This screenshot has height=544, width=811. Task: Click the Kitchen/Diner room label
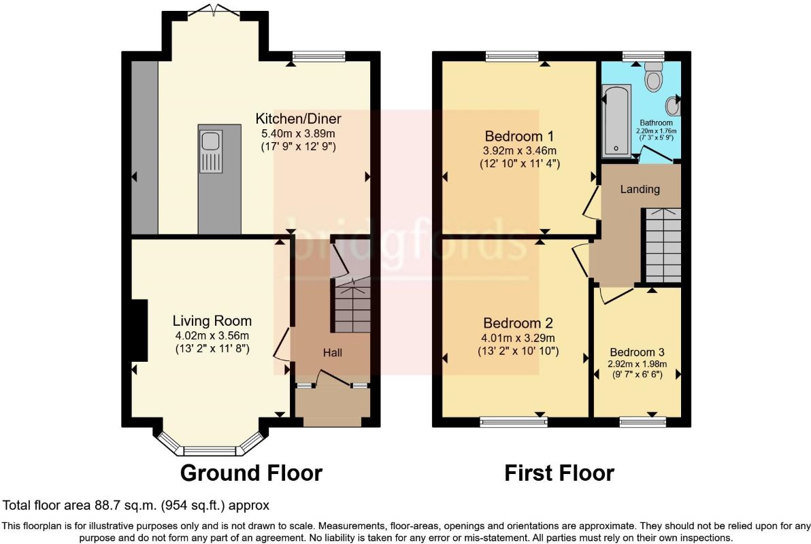[x=299, y=119]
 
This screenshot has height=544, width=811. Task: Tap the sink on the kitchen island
[x=211, y=152]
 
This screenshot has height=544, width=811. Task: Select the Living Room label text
[x=212, y=321]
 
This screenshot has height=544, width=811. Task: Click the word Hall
[x=333, y=353]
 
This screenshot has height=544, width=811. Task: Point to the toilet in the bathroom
[x=654, y=77]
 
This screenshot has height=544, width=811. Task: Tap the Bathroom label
[x=657, y=123]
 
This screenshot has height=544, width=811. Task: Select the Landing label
[x=640, y=189]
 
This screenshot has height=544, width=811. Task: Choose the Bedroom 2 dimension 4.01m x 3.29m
[x=518, y=338]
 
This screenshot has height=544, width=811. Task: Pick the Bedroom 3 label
[x=637, y=352]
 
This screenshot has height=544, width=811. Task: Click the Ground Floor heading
[x=251, y=473]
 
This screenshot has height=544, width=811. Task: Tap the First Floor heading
[x=559, y=473]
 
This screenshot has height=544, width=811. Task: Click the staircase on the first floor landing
[x=661, y=245]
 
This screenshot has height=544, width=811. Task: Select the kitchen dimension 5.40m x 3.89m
[x=299, y=133]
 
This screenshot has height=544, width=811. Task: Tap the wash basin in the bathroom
[x=672, y=106]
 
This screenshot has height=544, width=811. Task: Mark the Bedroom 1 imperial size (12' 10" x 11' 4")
[x=520, y=164]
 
